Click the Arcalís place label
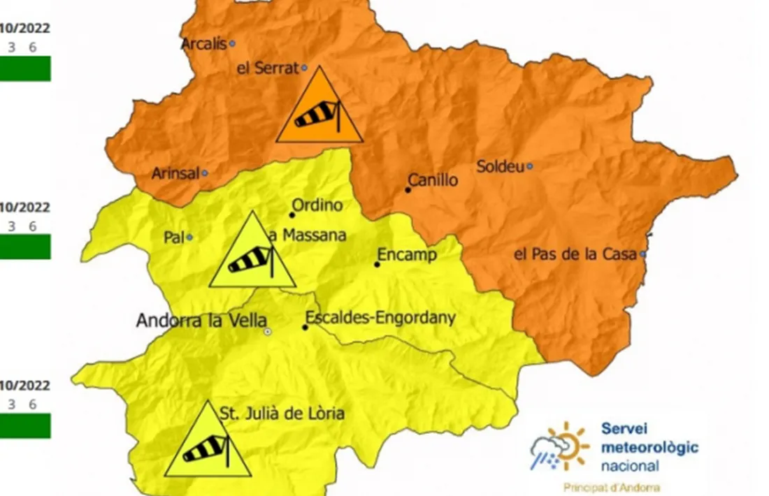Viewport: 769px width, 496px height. point(203,44)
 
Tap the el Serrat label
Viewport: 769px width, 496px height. point(268,68)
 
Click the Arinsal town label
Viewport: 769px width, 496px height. point(175,173)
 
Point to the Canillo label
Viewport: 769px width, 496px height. point(433,180)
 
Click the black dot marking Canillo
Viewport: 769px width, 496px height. point(408,189)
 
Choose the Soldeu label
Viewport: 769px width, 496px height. point(500,166)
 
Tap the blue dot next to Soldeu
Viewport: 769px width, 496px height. point(530,166)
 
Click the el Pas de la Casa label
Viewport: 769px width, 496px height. point(575,254)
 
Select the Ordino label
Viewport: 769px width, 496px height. point(317,205)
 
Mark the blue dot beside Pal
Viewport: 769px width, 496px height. point(189,238)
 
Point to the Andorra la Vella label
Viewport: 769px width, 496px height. point(201,321)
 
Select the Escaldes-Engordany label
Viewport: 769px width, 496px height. point(380,319)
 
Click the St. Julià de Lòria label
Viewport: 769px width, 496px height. point(282,414)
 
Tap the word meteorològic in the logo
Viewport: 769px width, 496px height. point(649,447)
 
